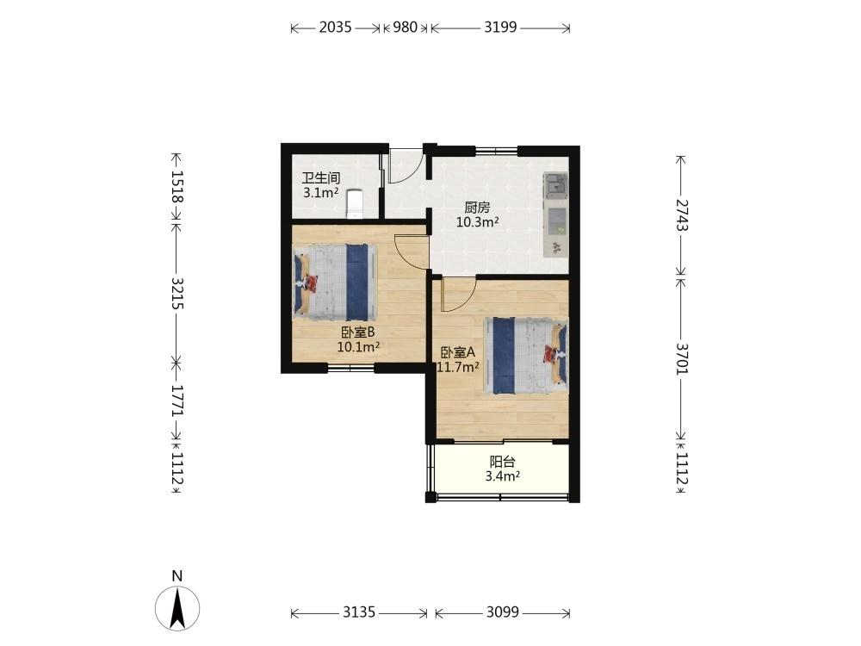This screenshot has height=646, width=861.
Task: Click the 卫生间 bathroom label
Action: (x=320, y=178)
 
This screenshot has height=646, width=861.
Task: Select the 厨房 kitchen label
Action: (x=477, y=208)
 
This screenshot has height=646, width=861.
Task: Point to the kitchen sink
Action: (x=555, y=185)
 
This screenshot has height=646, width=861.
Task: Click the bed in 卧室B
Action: (x=335, y=283)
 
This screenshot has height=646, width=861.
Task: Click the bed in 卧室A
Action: (x=525, y=356)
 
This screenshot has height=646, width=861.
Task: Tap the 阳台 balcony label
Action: (x=503, y=462)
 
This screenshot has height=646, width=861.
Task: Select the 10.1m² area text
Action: (x=358, y=346)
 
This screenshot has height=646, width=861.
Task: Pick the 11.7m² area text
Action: (x=458, y=367)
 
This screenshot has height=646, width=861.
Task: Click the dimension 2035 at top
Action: (x=335, y=27)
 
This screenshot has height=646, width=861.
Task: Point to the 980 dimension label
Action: (x=406, y=27)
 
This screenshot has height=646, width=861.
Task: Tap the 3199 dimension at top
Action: (x=500, y=27)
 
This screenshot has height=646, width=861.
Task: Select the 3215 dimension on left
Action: (x=177, y=294)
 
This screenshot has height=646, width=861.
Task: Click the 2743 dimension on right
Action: (x=681, y=214)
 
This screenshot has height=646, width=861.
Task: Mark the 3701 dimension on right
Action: (x=681, y=358)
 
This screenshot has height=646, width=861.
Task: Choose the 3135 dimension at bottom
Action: (x=359, y=612)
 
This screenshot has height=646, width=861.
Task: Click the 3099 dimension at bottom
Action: (x=503, y=612)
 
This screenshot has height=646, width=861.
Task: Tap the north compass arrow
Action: (x=177, y=607)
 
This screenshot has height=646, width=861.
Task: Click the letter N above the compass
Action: (x=177, y=575)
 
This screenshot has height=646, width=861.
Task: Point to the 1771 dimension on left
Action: (x=177, y=400)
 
